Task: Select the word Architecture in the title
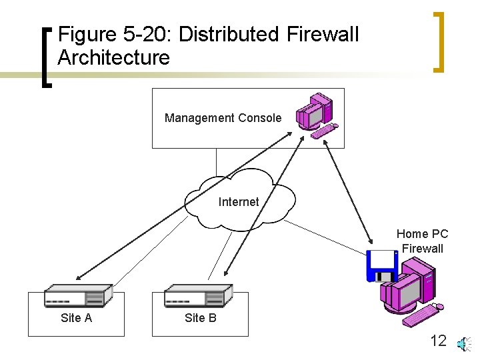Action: [x=113, y=57]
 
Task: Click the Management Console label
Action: [x=223, y=118]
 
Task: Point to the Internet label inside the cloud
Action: [x=239, y=201]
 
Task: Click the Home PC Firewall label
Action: [x=422, y=241]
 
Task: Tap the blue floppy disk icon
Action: [x=381, y=265]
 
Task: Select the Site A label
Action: [x=76, y=318]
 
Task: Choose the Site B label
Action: [x=200, y=318]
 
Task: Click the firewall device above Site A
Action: [x=77, y=296]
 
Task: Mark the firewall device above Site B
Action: [x=198, y=296]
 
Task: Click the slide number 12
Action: [x=438, y=341]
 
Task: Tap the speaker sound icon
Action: [x=463, y=343]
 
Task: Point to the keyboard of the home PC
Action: [x=419, y=315]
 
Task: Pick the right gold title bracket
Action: [x=438, y=41]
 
